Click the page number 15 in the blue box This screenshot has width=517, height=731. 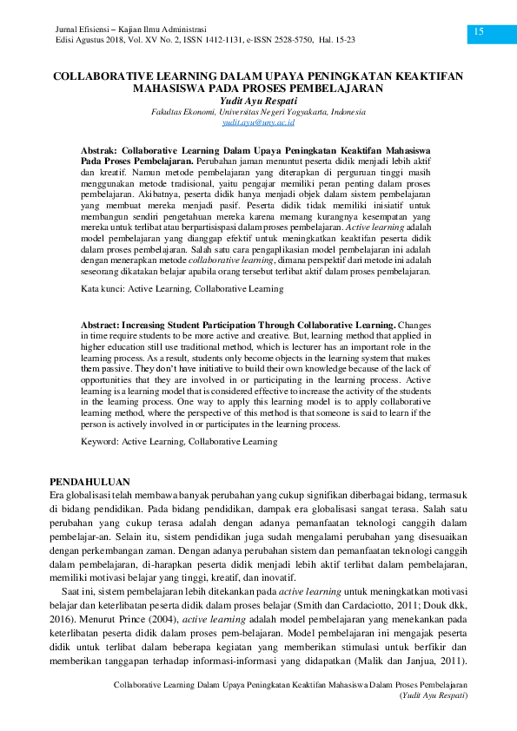[x=478, y=32]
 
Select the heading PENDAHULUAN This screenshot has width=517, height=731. [x=90, y=481]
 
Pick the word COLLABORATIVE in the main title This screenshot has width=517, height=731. [x=103, y=76]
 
